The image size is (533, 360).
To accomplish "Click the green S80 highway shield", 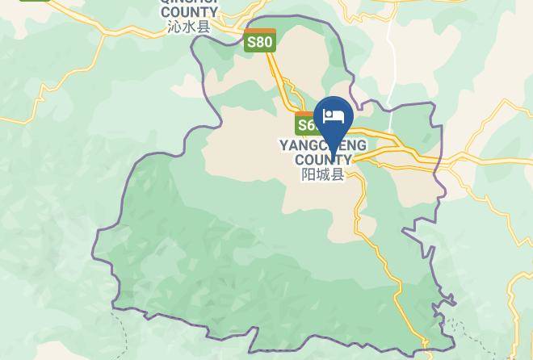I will click(260, 41).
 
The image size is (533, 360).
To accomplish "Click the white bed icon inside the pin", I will click(333, 117).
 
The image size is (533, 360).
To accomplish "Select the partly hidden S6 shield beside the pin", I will click(305, 124).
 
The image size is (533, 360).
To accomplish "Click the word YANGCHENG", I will click(323, 145).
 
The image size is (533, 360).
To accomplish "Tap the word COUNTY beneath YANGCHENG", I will click(323, 159).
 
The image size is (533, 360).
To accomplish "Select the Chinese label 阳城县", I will click(323, 174).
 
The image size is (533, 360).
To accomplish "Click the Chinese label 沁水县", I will click(188, 27).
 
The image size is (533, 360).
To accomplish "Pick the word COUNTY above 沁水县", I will click(189, 12).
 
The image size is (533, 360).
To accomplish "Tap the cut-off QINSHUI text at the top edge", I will click(189, 2).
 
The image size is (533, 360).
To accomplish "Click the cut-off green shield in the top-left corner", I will click(35, 2).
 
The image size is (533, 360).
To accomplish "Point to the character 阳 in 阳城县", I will click(308, 174).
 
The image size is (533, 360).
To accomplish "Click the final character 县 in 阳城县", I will click(338, 174).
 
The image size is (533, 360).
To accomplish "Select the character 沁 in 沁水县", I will click(174, 27).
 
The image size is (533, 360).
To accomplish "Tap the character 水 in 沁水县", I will click(188, 27).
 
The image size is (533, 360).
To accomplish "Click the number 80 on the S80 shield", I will click(264, 43).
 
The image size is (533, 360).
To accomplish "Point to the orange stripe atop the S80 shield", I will click(260, 31).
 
